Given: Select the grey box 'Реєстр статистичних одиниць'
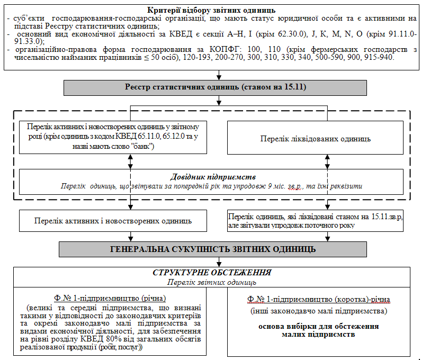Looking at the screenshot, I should pos(216,87).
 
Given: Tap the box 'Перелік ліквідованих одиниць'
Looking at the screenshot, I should pos(315,139).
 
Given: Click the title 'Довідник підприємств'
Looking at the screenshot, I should pos(212,177).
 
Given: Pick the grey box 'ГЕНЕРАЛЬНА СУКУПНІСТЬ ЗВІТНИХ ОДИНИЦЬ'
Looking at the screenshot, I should pos(213,249).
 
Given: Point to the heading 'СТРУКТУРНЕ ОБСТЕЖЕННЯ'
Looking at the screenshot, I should pos(212,273).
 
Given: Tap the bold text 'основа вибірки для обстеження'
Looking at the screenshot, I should pos(319,326).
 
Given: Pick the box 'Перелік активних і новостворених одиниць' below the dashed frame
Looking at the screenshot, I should pos(113,221).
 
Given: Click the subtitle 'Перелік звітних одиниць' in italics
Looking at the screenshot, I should pos(212,282).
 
